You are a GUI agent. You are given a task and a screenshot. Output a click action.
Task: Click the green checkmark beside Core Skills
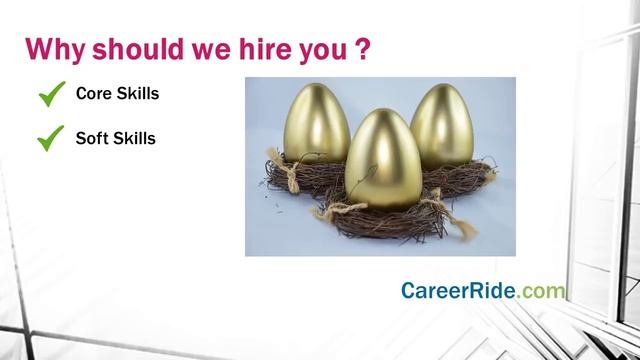tap(50, 95)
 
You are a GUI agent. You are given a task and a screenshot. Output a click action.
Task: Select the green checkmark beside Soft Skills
tap(50, 139)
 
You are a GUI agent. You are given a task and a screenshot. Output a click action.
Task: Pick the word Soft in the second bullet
tap(93, 138)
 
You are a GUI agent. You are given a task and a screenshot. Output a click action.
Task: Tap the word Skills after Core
tap(138, 94)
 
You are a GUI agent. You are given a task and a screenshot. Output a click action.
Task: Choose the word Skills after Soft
tap(134, 138)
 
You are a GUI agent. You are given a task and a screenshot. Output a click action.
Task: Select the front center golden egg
tap(382, 160)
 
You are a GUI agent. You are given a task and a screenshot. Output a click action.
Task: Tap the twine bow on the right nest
tap(487, 172)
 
